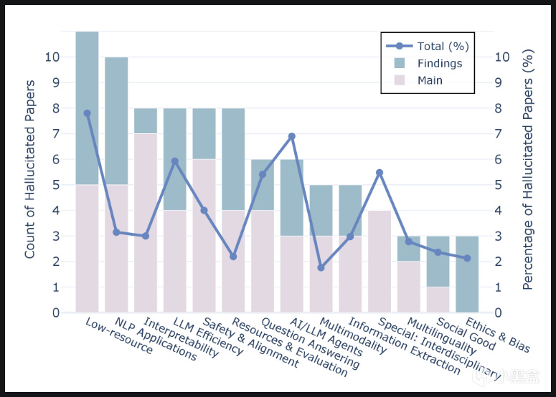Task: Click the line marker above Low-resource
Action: [x=88, y=113]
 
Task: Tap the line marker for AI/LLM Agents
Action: [x=292, y=136]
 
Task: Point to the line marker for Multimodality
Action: [x=321, y=267]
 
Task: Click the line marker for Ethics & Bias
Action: [x=467, y=258]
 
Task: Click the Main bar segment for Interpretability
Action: [x=146, y=223]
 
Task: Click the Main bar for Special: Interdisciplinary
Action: [x=380, y=261]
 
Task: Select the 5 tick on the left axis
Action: [x=54, y=185]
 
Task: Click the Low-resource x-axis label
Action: [x=118, y=336]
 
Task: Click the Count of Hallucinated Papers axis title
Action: [x=30, y=173]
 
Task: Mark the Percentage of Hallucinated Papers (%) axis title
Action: [x=528, y=173]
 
